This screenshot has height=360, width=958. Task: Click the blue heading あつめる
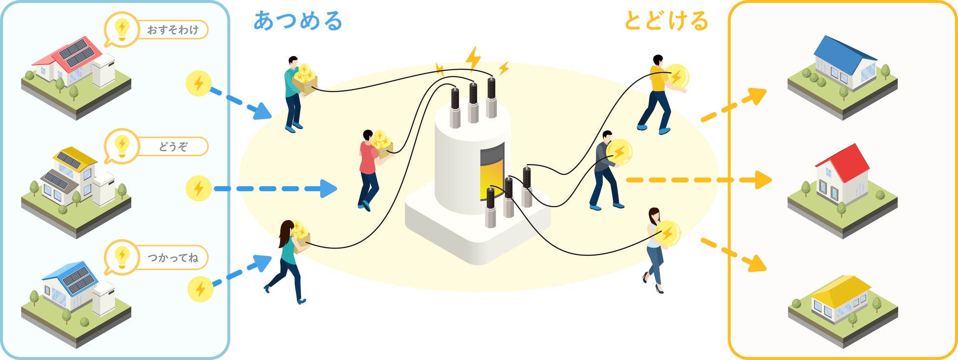298,21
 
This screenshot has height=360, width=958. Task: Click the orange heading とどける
666,21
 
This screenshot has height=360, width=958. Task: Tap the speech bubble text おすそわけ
173,30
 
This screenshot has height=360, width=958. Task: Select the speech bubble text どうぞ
173,146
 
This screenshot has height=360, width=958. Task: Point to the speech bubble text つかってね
173,257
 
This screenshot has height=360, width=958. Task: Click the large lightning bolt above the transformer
473,58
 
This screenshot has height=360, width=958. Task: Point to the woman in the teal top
287,260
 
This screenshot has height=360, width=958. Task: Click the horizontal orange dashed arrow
698,180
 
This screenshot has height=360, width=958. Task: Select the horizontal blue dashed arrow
275,189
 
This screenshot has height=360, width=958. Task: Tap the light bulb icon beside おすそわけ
121,29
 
